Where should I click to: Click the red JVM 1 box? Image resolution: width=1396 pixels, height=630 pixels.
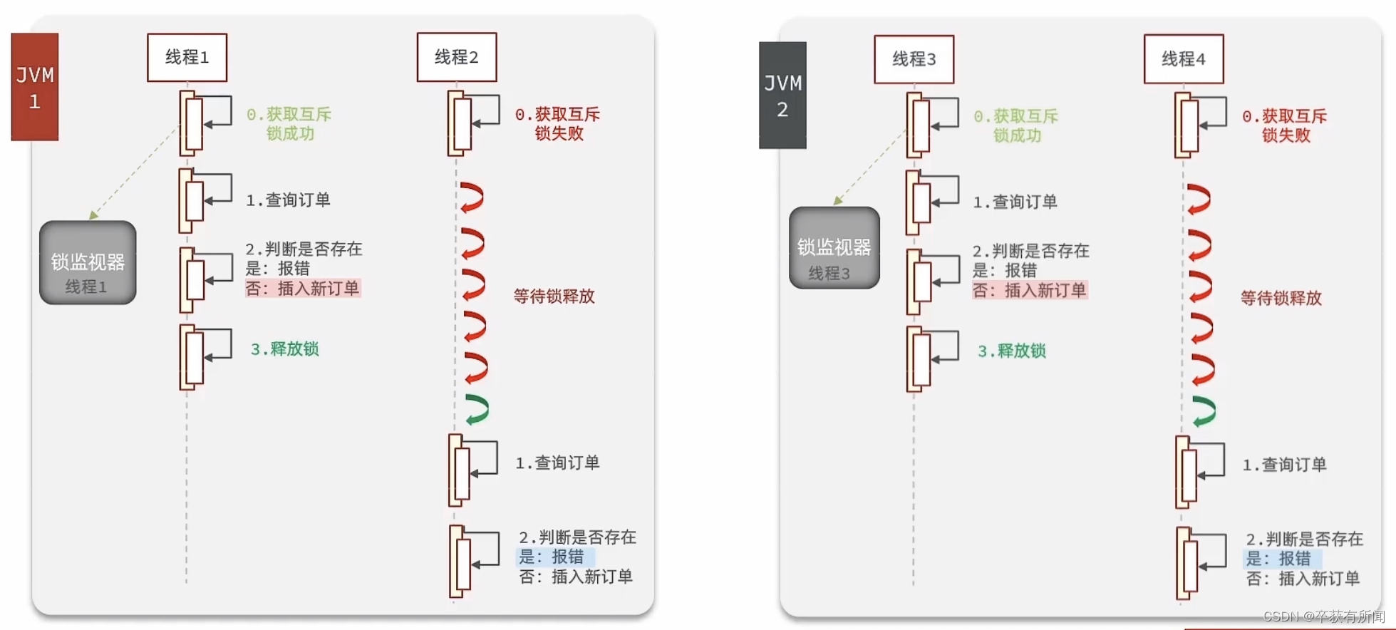pyautogui.click(x=35, y=86)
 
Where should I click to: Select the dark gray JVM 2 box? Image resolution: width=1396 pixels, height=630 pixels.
pyautogui.click(x=782, y=95)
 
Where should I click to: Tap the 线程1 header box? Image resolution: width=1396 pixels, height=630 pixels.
pyautogui.click(x=187, y=57)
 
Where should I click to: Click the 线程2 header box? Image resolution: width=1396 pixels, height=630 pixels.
pyautogui.click(x=457, y=57)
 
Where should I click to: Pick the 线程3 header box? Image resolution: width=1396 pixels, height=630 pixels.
pyautogui.click(x=914, y=59)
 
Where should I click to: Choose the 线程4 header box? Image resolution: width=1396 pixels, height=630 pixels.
pyautogui.click(x=1184, y=59)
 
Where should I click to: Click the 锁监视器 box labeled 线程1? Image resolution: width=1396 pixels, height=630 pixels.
pyautogui.click(x=88, y=262)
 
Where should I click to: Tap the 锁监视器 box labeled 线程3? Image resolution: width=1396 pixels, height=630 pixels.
pyautogui.click(x=834, y=247)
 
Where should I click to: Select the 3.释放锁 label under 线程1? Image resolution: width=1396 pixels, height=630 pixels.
pyautogui.click(x=285, y=349)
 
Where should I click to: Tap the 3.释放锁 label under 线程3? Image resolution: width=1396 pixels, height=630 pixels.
pyautogui.click(x=1012, y=351)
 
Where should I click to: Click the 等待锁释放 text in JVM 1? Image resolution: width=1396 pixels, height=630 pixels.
pyautogui.click(x=554, y=296)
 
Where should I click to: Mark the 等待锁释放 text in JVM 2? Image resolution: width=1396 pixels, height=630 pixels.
pyautogui.click(x=1281, y=299)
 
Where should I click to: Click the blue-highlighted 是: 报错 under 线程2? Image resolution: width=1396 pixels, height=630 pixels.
pyautogui.click(x=555, y=557)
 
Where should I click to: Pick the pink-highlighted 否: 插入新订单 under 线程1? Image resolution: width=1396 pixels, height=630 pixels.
pyautogui.click(x=303, y=288)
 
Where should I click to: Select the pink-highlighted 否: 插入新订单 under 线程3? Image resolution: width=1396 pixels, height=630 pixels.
pyautogui.click(x=1030, y=290)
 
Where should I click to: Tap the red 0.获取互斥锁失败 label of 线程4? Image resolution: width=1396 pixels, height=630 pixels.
pyautogui.click(x=1285, y=125)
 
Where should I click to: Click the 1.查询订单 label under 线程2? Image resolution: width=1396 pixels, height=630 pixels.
pyautogui.click(x=558, y=463)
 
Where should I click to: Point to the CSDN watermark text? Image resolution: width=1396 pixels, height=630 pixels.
pyautogui.click(x=1324, y=616)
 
